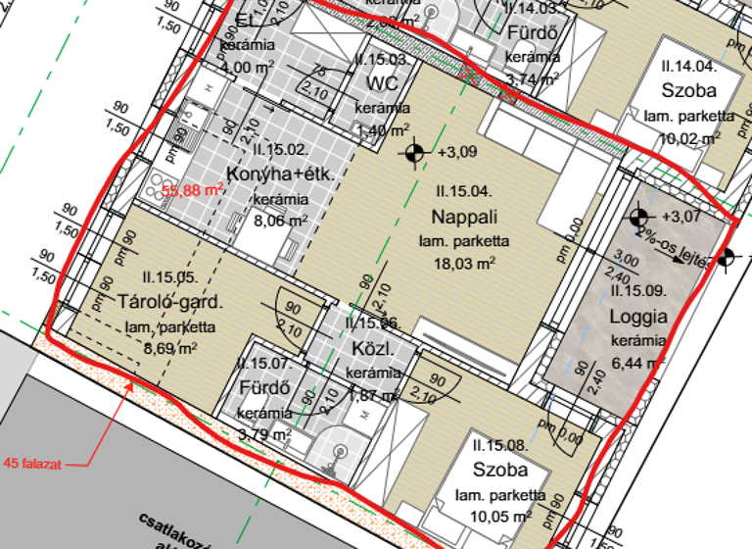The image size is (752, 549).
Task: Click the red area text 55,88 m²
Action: click(194, 191)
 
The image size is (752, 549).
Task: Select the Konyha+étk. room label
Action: click(281, 175)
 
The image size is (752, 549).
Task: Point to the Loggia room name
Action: click(637, 317)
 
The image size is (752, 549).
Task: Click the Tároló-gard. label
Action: click(169, 301)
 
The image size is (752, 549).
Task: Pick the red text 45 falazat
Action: click(34, 464)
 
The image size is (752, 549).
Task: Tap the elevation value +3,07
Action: click(681, 215)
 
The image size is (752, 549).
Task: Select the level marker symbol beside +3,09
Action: click(414, 152)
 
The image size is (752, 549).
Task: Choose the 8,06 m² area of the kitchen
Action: click(281, 222)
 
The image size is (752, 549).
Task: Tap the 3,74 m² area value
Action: click(534, 80)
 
